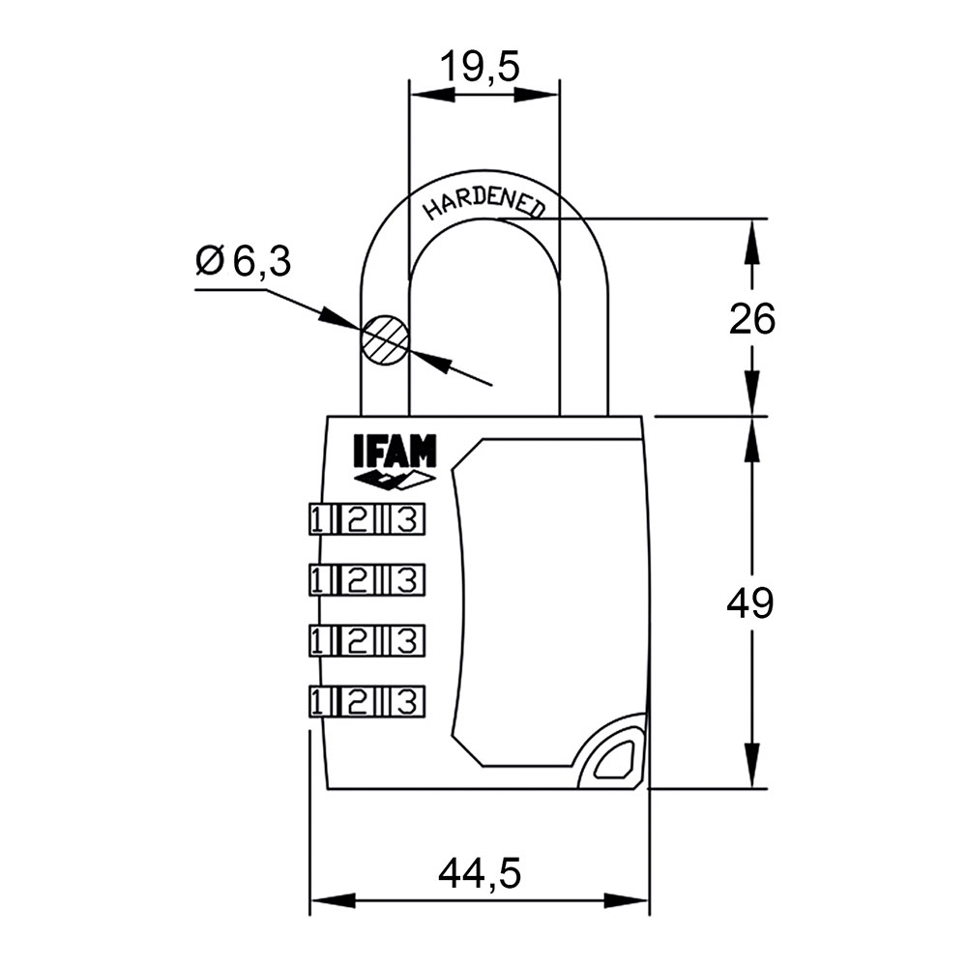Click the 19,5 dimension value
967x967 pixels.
point(481,67)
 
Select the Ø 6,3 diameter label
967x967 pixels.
point(243,261)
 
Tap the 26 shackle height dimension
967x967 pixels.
point(751,318)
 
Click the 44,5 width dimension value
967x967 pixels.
point(480,874)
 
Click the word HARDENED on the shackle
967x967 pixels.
point(484,202)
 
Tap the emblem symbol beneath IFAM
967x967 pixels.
point(395,480)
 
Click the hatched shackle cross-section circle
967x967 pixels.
point(385,340)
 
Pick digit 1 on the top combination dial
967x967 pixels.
point(318,520)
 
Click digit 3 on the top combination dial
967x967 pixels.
point(408,520)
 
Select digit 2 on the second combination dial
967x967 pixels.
point(357,580)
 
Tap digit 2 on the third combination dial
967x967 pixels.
point(357,639)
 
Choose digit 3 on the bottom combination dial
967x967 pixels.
point(408,700)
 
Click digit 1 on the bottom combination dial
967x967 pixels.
point(318,700)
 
